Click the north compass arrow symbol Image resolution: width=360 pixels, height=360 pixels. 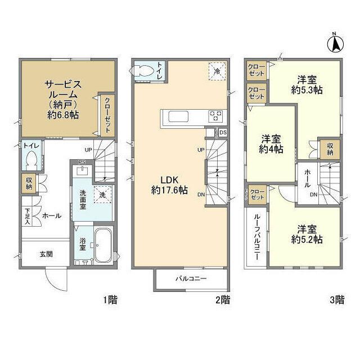pyautogui.click(x=335, y=43)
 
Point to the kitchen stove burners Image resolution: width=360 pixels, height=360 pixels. pyautogui.click(x=216, y=117)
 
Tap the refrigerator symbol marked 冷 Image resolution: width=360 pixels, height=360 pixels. pyautogui.click(x=216, y=71)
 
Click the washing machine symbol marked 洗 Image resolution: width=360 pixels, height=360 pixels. pyautogui.click(x=102, y=194)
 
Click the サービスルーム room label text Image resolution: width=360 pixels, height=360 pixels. pyautogui.click(x=63, y=91)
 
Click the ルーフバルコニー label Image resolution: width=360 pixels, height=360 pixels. pyautogui.click(x=256, y=236)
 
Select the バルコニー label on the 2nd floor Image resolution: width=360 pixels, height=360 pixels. pyautogui.click(x=191, y=279)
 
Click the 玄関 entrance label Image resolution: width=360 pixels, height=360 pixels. pyautogui.click(x=46, y=254)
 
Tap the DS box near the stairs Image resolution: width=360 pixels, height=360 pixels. pyautogui.click(x=223, y=133)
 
